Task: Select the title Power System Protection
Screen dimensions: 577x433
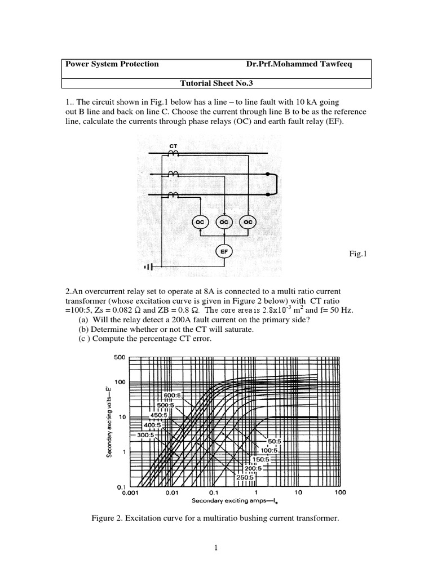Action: pyautogui.click(x=112, y=64)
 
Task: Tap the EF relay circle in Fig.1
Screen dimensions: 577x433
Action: pyautogui.click(x=224, y=252)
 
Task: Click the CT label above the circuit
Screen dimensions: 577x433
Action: pyautogui.click(x=174, y=145)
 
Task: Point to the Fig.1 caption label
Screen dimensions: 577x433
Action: pyautogui.click(x=358, y=255)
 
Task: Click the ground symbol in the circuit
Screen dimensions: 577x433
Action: pyautogui.click(x=148, y=267)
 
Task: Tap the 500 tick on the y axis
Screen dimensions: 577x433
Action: pyautogui.click(x=120, y=357)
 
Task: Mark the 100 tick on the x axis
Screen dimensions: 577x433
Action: pyautogui.click(x=339, y=492)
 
